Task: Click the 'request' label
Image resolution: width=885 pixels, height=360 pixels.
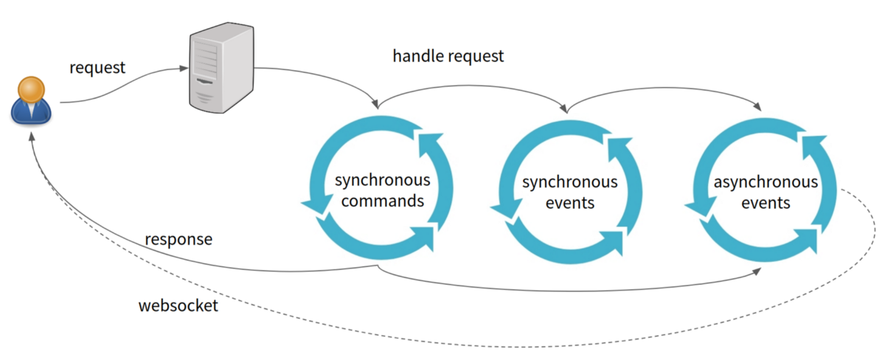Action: click(x=98, y=68)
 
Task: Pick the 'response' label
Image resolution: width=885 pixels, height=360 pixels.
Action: click(x=178, y=240)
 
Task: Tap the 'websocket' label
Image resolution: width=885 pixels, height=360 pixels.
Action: click(x=178, y=305)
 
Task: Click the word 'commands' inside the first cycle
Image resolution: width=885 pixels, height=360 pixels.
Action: click(x=383, y=200)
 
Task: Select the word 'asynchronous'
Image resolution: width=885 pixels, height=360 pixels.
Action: click(x=766, y=182)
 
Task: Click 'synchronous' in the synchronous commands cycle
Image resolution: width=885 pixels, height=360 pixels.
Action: click(x=383, y=181)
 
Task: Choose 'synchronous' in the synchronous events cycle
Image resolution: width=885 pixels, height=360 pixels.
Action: click(x=570, y=182)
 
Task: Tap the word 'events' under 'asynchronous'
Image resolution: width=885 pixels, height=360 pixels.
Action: click(x=766, y=202)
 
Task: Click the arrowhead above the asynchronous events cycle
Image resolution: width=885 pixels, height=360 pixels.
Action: click(x=759, y=108)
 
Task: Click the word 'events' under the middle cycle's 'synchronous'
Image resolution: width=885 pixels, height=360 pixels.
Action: click(x=570, y=202)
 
